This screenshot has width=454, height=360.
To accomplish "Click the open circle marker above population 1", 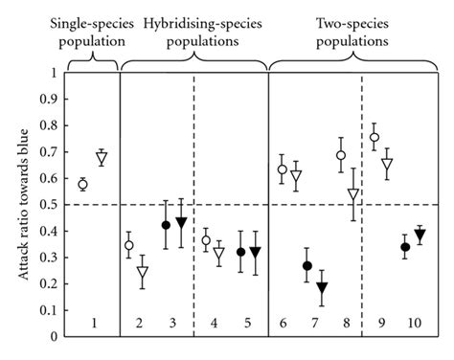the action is click(82, 185).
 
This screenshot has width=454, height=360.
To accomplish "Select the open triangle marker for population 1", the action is click(102, 157).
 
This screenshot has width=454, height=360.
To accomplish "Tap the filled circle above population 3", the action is click(166, 225).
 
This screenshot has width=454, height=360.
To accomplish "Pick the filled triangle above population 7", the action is click(322, 287).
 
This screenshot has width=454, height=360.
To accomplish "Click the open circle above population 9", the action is click(375, 137).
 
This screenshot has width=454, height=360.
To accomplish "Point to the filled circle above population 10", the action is click(405, 247).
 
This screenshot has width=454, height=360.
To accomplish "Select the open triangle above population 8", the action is click(353, 193).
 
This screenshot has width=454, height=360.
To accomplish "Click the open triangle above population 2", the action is click(143, 272).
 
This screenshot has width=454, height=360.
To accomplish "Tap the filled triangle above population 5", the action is click(256, 252).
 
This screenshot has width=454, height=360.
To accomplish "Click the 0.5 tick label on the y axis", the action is click(49, 205).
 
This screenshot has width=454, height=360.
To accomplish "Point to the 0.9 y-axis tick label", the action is click(49, 100).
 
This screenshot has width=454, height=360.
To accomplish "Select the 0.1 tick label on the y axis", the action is click(49, 310).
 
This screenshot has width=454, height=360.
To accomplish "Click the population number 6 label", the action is click(283, 324).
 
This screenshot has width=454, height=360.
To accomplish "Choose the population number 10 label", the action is click(414, 324).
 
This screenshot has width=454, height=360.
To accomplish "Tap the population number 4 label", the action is click(214, 324).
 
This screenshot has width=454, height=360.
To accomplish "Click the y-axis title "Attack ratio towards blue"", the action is click(23, 205).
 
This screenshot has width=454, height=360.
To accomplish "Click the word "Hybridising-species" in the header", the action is click(202, 24).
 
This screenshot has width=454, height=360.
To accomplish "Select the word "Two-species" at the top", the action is click(352, 24).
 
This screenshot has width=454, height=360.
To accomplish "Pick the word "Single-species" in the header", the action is click(92, 24).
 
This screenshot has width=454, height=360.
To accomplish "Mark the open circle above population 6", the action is click(283, 169).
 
